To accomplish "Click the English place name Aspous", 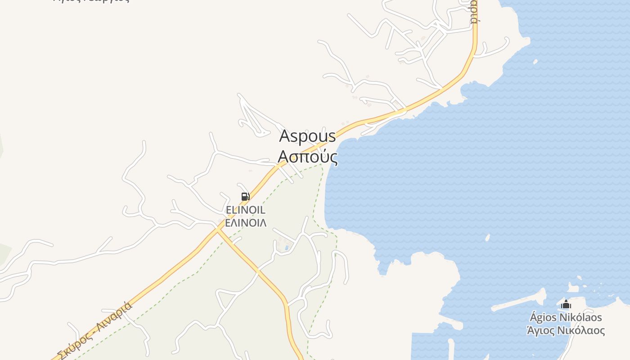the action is coord(307,136).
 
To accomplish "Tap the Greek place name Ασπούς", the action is coord(307,157).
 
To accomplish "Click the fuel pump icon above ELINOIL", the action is coord(245,196).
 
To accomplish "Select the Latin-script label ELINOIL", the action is coord(245,210).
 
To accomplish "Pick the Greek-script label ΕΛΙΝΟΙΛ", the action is coord(245,223).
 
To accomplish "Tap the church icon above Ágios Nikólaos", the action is coord(566,305).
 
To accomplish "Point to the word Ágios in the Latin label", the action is coord(543,318).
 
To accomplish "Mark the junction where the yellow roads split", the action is coord(218,229).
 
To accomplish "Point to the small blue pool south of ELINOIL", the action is coord(287,247).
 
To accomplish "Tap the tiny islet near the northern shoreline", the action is coord(535,62).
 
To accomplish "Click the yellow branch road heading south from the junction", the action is coord(270,281).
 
